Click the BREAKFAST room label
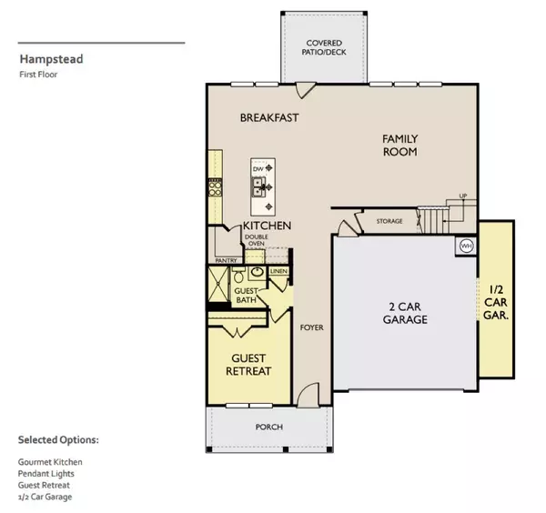(269, 118)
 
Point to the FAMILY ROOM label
(399, 146)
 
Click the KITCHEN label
(266, 225)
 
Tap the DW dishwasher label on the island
(258, 170)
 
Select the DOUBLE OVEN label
(256, 241)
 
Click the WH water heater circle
(466, 246)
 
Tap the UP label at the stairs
(462, 196)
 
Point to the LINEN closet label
(278, 271)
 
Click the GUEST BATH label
(248, 296)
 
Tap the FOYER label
(311, 327)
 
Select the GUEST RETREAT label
(248, 364)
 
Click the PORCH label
(268, 427)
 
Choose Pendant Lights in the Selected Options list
(46, 474)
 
